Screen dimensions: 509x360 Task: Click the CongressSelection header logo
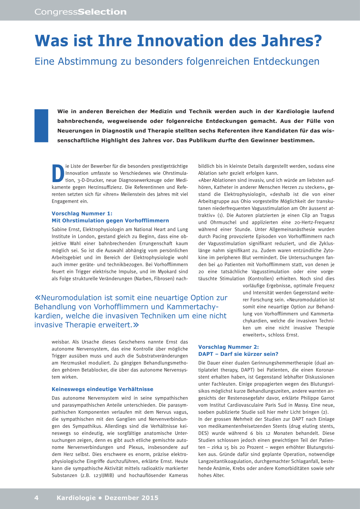point(81,12)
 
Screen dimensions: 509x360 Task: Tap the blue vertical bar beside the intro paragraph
point(41,125)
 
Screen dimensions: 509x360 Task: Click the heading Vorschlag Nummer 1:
point(82,213)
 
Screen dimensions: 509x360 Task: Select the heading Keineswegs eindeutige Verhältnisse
point(102,389)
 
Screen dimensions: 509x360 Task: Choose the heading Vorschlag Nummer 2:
point(229,347)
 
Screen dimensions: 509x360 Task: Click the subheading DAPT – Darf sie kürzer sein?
point(238,354)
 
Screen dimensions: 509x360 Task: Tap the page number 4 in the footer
point(37,498)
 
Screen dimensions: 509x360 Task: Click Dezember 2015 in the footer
point(131,498)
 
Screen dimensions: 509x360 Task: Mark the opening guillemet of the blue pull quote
point(37,298)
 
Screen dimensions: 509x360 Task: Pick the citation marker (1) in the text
point(220,215)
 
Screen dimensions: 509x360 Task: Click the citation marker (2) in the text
point(325,412)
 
